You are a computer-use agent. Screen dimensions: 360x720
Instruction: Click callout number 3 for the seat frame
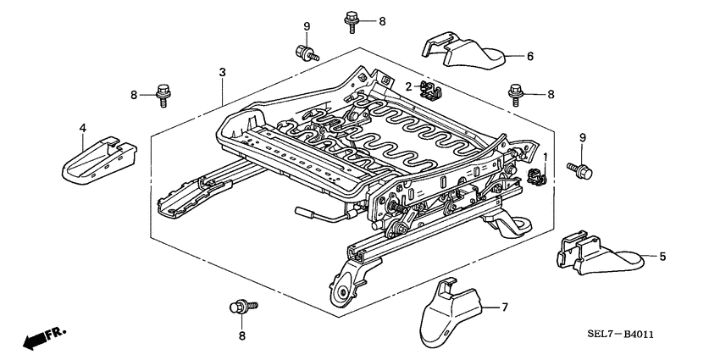point(222,73)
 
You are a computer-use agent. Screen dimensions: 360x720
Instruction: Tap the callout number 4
point(83,128)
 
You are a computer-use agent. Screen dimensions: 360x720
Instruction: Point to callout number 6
point(529,57)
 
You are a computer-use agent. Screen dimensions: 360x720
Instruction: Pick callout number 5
point(662,256)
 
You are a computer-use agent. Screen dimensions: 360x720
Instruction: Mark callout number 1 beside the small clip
point(546,158)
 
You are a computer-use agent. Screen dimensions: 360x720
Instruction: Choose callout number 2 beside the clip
point(408,86)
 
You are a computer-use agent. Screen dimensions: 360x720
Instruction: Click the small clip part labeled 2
point(431,87)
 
